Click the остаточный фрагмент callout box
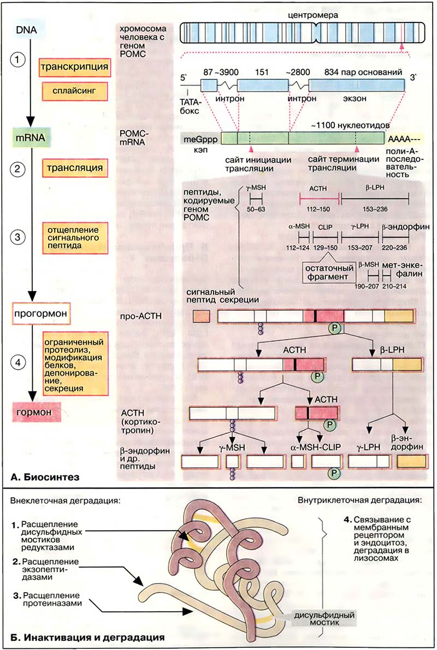click(326, 272)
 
